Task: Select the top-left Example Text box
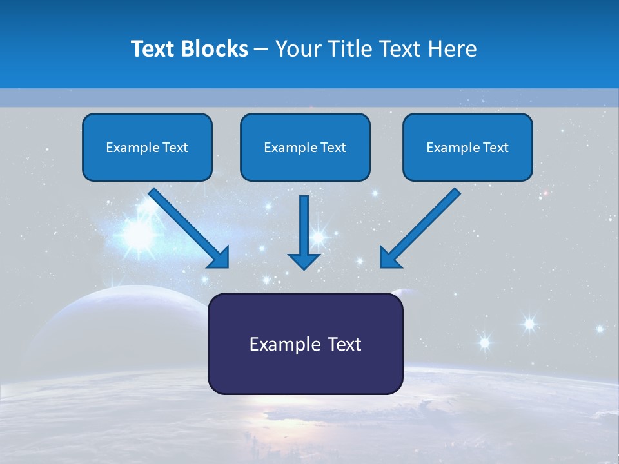click(147, 147)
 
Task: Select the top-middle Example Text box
click(305, 147)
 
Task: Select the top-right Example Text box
click(467, 147)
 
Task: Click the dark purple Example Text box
click(305, 343)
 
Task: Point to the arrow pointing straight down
click(304, 229)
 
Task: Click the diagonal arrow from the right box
click(422, 226)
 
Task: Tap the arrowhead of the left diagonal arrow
click(219, 258)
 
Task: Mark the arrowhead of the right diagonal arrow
click(390, 258)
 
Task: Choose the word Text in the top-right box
click(496, 147)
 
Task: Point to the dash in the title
click(261, 49)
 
